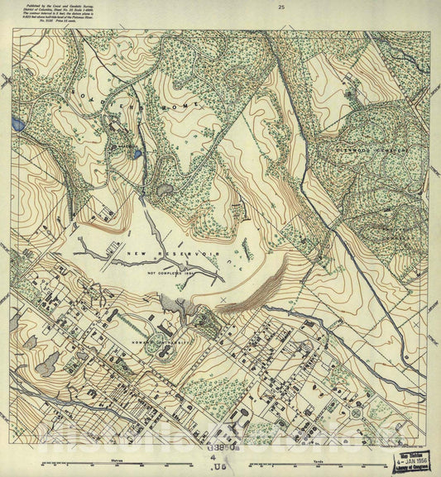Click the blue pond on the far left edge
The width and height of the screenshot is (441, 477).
[18, 125]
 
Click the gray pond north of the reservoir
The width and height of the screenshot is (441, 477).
[164, 190]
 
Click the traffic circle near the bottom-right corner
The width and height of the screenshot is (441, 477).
[356, 412]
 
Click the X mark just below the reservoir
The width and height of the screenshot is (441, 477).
[223, 298]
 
